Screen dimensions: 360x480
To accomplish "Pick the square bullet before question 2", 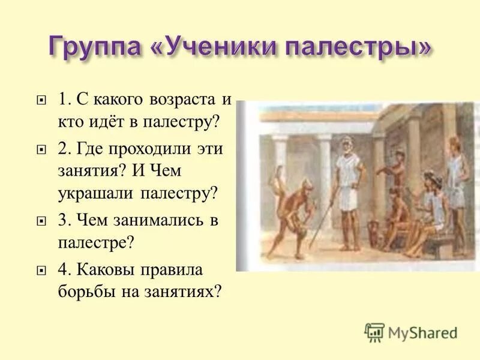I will (x=41, y=149).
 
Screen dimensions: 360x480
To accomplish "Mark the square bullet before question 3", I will (x=41, y=221).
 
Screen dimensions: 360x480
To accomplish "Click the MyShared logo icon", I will (x=374, y=332).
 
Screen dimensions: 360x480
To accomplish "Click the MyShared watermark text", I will (x=423, y=332).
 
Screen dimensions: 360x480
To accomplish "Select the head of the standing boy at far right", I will (x=454, y=145).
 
